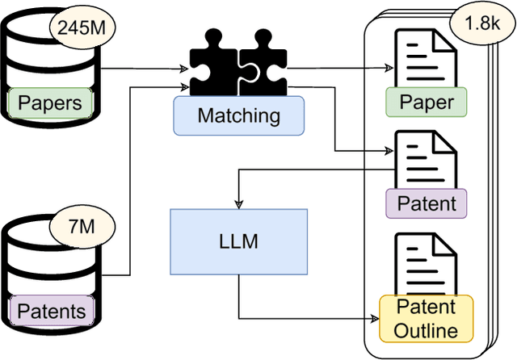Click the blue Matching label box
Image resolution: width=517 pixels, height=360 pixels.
pos(239,115)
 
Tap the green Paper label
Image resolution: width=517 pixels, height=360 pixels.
pos(427,103)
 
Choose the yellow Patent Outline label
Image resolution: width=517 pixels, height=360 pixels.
pos(427,318)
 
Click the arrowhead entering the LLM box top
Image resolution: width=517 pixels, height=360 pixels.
pos(237,204)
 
